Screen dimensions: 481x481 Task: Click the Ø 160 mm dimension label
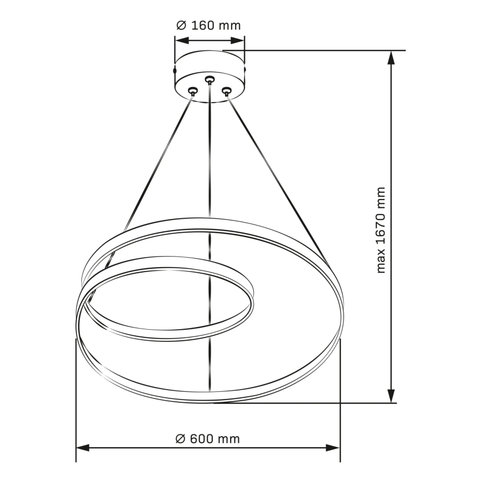(208, 25)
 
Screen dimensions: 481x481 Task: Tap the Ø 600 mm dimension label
(208, 439)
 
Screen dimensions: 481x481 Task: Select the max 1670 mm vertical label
(381, 230)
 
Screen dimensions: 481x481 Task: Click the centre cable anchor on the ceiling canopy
(209, 80)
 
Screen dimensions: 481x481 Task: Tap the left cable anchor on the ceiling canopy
(193, 91)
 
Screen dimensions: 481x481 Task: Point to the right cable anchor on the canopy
(226, 91)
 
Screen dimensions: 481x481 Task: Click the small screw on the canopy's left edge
(176, 70)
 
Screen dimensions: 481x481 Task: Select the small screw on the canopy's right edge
(244, 70)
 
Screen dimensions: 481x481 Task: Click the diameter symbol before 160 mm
(181, 25)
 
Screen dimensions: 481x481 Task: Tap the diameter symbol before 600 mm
(180, 439)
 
